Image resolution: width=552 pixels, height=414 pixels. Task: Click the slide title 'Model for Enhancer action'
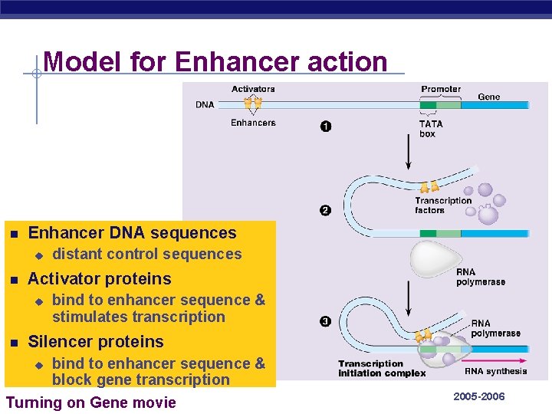click(x=215, y=61)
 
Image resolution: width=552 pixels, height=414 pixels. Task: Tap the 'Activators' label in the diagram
click(x=253, y=89)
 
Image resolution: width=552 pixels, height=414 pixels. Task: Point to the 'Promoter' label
click(x=441, y=89)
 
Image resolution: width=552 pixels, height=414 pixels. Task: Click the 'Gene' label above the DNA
click(x=489, y=97)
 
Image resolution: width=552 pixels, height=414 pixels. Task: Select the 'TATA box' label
click(x=430, y=129)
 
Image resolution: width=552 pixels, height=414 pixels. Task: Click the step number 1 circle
click(x=326, y=127)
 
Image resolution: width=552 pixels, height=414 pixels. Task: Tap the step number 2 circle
click(x=326, y=210)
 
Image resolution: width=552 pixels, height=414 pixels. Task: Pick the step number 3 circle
click(x=326, y=321)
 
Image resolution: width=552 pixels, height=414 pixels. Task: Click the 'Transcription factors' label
click(x=443, y=205)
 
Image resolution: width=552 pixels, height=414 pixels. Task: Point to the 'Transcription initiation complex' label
click(x=382, y=369)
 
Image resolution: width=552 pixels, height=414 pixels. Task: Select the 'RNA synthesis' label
click(x=496, y=371)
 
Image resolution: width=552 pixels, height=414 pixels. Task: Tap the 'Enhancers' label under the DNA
click(x=253, y=123)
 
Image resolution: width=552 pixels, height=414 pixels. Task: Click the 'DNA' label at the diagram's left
click(x=205, y=104)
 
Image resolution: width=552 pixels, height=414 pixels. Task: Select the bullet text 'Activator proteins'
click(x=100, y=278)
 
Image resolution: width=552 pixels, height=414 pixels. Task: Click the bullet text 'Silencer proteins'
click(x=96, y=341)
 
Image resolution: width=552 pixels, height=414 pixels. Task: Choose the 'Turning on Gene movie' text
click(x=90, y=402)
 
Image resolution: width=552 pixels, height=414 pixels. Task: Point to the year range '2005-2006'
click(x=479, y=396)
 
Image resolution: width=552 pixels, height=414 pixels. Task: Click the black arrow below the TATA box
click(x=407, y=153)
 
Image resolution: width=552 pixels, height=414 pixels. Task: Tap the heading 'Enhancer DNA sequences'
click(x=132, y=232)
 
